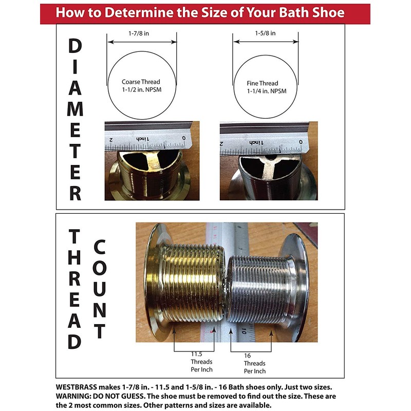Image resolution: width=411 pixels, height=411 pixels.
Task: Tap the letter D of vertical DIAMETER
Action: click(75, 46)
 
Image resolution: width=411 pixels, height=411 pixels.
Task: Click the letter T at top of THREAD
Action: click(75, 237)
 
